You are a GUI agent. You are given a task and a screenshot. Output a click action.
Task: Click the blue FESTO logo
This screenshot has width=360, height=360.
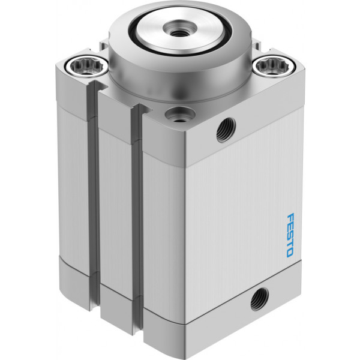290,235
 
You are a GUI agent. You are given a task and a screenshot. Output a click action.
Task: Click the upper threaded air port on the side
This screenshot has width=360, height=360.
226,130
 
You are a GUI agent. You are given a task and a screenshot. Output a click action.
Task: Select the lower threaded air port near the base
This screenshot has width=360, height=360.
259,299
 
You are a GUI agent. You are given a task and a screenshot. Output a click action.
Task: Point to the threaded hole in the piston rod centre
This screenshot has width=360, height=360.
180,29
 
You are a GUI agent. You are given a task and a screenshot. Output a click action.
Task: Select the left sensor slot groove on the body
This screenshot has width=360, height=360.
94,195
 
